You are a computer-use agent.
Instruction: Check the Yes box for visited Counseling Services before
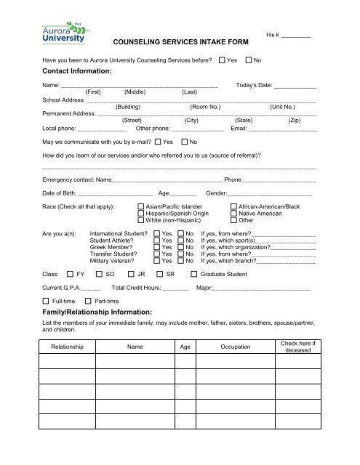[222, 59]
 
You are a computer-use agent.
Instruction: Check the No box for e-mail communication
[184, 141]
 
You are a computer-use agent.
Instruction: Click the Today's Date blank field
[295, 86]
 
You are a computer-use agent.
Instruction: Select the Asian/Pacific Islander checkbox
[142, 207]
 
